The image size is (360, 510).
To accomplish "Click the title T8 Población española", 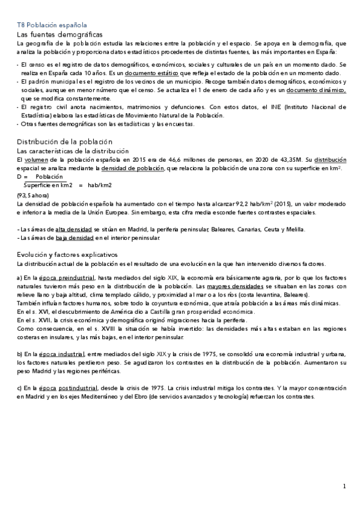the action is pos(52,26).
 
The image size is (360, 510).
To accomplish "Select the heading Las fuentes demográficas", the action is pos(59,35).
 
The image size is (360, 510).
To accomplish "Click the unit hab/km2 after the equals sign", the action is pos(99,185).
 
